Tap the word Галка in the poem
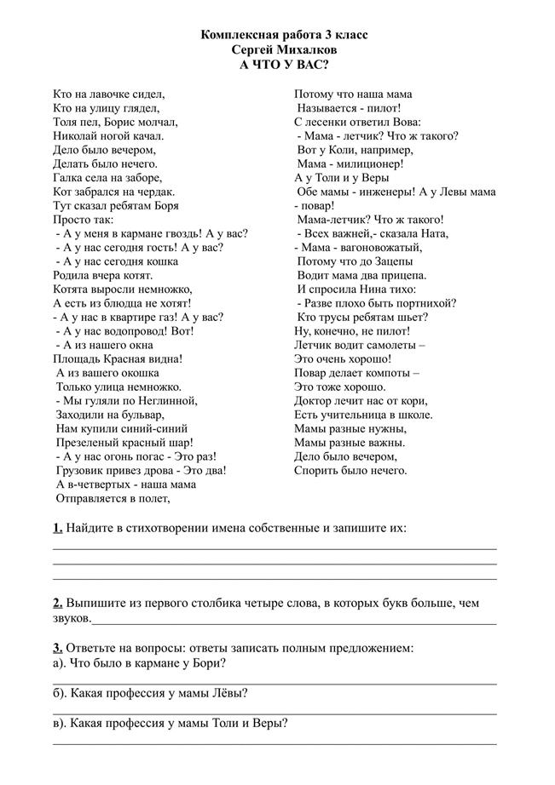point(68,178)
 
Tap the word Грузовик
point(84,469)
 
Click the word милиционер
point(368,163)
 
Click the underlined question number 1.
point(57,528)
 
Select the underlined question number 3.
point(57,648)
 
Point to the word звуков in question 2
point(71,616)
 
